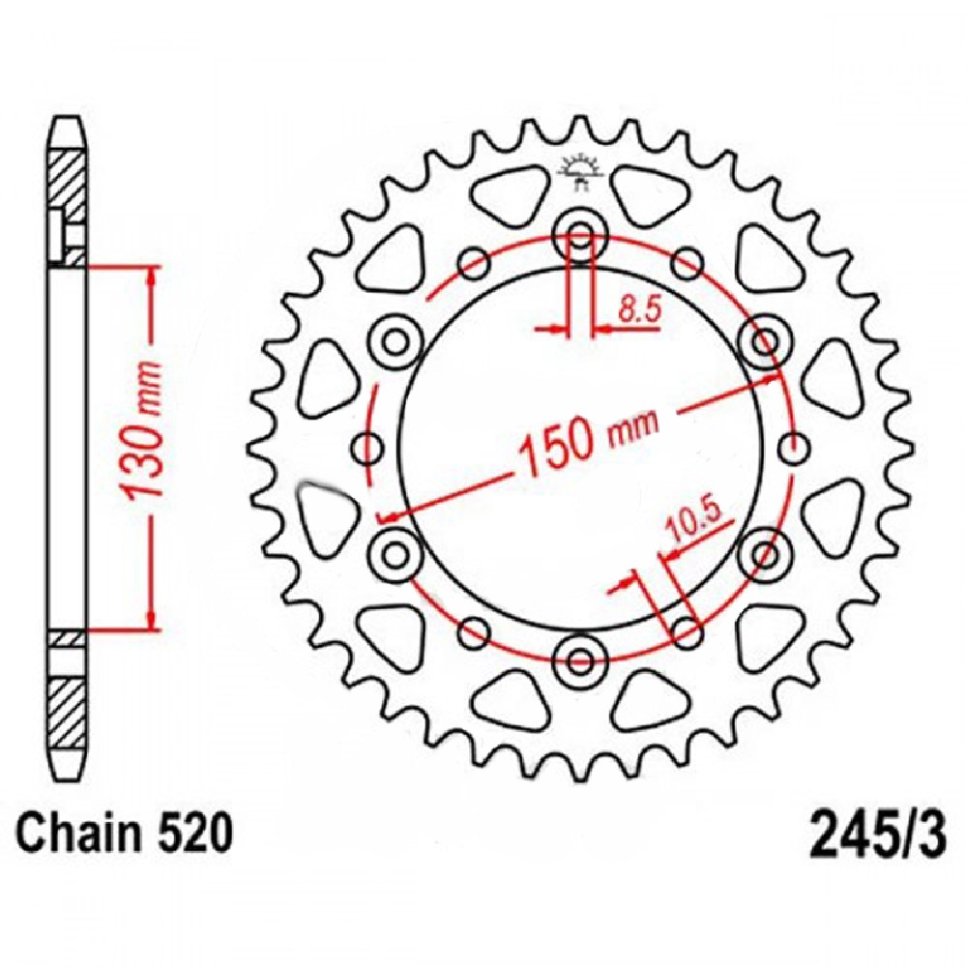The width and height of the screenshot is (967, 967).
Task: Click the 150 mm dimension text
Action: pyautogui.click(x=589, y=438)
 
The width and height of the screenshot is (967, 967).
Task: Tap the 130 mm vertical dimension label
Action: pyautogui.click(x=143, y=430)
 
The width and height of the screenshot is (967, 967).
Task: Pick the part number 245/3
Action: pyautogui.click(x=878, y=834)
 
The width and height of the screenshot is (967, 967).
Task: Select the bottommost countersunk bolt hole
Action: pyautogui.click(x=579, y=661)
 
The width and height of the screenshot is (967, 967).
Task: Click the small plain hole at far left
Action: pyautogui.click(x=368, y=448)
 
